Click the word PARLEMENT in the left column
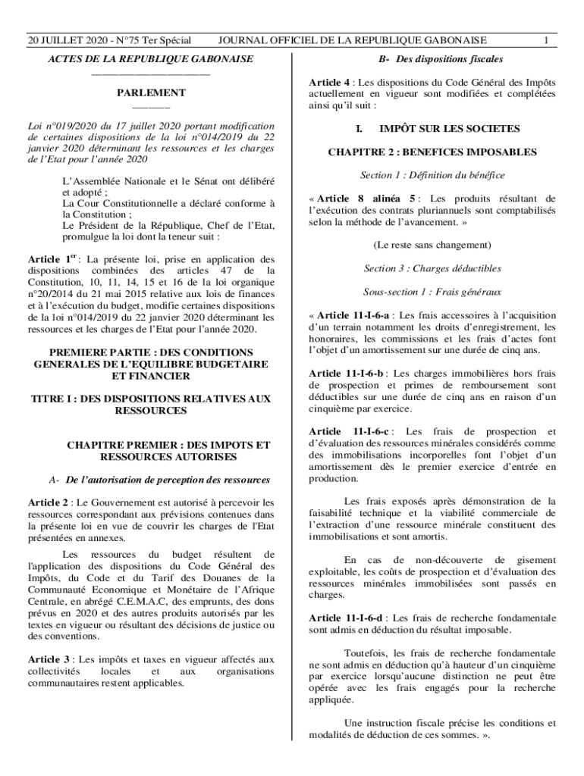coord(150,92)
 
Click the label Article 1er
coord(53,259)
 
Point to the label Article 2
coord(49,502)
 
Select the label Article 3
coord(49,660)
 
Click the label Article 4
coord(330,82)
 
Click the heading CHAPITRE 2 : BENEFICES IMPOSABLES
coord(432,152)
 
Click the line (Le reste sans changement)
coord(432,246)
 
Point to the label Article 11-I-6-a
coord(353,315)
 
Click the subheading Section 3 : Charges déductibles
coord(432,268)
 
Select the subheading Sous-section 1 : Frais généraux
coord(432,292)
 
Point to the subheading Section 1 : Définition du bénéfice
coord(432,176)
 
